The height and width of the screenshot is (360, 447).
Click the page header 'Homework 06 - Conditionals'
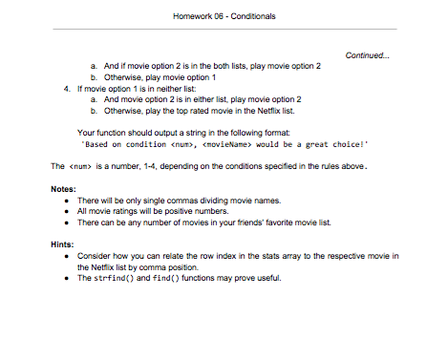click(223, 16)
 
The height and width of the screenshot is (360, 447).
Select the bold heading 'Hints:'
click(64, 244)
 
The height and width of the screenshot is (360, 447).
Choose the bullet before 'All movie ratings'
click(67, 210)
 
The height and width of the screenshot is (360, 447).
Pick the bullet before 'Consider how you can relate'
click(67, 257)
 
